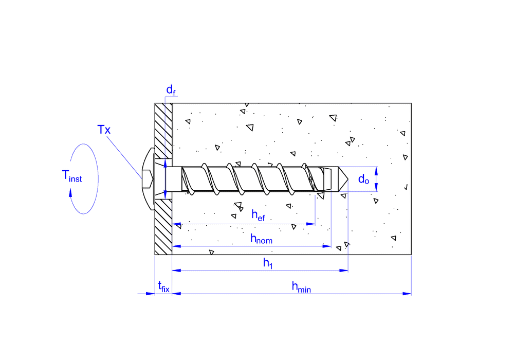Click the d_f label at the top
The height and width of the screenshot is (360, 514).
click(x=171, y=90)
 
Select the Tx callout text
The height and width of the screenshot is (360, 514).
click(x=104, y=130)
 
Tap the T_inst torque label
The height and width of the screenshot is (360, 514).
click(x=72, y=176)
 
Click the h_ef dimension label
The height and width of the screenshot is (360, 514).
click(x=258, y=215)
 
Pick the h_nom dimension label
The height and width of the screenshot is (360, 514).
click(x=261, y=238)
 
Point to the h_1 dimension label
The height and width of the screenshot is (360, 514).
click(x=268, y=263)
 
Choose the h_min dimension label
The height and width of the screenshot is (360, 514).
click(x=302, y=287)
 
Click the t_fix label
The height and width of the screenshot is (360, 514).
click(x=163, y=287)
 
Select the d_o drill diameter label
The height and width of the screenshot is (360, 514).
click(x=364, y=179)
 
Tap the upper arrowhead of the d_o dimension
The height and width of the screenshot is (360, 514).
click(x=377, y=169)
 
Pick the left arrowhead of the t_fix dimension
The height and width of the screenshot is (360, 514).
click(x=151, y=294)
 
